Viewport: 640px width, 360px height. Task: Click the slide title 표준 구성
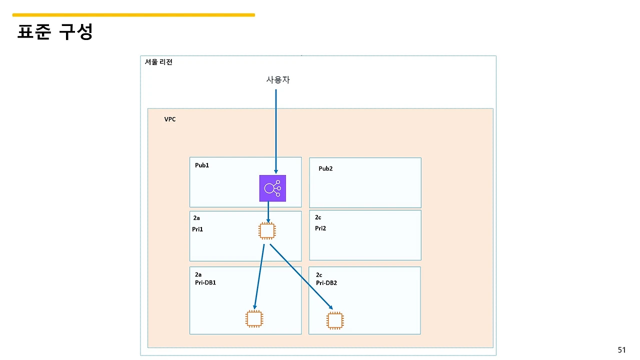tap(55, 32)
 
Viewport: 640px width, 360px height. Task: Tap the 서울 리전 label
tap(158, 62)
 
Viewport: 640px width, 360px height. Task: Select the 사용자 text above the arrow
tap(278, 79)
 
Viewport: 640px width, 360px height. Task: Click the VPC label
tap(170, 119)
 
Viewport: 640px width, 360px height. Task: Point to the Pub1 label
tap(202, 165)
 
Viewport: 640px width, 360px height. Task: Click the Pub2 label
tap(325, 168)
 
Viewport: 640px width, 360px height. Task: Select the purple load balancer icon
tap(272, 188)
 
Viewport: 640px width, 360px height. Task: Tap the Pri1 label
tap(197, 229)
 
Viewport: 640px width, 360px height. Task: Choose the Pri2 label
tap(320, 228)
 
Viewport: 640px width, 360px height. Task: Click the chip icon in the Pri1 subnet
tap(267, 230)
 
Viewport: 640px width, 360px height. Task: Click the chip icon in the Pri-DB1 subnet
tap(254, 318)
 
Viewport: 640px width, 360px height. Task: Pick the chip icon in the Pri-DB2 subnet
tap(335, 320)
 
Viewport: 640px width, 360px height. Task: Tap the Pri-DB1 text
tap(205, 282)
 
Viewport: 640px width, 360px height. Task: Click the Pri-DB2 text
tap(326, 283)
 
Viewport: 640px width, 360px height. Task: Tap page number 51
tap(621, 350)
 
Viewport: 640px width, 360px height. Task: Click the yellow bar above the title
tap(133, 15)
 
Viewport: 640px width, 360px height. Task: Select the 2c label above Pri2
tap(318, 217)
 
